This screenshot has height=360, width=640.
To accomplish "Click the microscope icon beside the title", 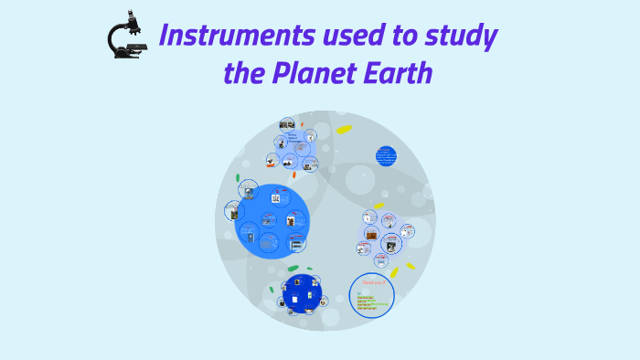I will [x=125, y=37].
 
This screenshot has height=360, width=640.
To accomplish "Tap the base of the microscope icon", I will [x=127, y=55].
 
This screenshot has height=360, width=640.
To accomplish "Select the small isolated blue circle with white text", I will [x=387, y=155].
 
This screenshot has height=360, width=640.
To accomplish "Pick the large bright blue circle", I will [x=271, y=221].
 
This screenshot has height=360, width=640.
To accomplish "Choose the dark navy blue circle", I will [x=302, y=292].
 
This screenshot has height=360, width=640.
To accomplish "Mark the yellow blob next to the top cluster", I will [x=344, y=130].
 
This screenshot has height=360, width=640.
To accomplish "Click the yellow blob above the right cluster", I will [x=378, y=206].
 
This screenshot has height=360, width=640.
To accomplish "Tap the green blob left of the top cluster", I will [x=237, y=177].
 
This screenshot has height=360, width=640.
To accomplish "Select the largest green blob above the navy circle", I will [x=293, y=269].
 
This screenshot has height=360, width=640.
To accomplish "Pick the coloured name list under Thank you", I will [x=370, y=302].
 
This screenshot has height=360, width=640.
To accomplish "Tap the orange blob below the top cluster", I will [x=272, y=166].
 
